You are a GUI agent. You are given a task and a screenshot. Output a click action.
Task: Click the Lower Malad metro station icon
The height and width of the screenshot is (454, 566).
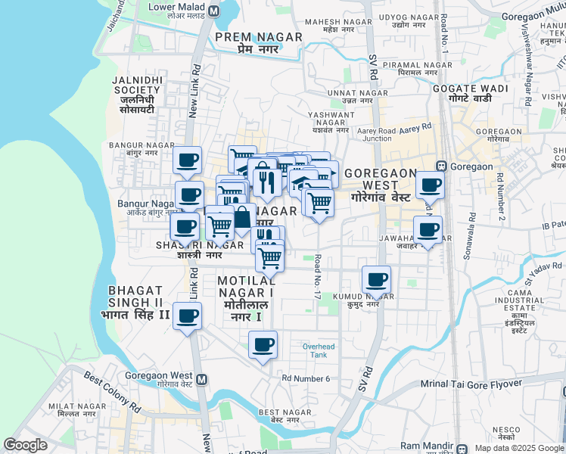point(213,11)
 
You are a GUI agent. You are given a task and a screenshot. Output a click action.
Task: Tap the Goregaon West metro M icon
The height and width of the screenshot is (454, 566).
point(201,379)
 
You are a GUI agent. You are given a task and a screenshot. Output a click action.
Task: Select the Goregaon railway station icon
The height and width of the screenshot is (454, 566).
point(440,166)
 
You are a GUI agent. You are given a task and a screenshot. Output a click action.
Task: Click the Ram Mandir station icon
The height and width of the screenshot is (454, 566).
point(462,447)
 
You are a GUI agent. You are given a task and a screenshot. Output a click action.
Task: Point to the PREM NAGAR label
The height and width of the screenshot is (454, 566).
point(247,42)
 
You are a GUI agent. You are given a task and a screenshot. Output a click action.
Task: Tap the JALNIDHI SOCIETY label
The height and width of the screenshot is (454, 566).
point(136,94)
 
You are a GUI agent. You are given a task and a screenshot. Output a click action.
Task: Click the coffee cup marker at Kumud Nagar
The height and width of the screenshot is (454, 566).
point(376,280)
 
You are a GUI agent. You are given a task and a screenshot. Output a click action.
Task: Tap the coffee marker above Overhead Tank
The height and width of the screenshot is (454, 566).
point(263,345)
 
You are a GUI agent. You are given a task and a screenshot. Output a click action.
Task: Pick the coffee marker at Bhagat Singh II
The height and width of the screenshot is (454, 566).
point(187,316)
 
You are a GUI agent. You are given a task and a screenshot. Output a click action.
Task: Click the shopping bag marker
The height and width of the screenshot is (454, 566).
point(241,217)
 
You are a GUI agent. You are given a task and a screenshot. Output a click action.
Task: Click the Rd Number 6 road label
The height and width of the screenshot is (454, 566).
point(306,378)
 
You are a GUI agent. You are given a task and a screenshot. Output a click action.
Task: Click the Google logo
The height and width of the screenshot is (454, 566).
point(26,445)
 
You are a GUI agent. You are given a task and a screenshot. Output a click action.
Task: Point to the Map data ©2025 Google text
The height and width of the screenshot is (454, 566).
point(519,448)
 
